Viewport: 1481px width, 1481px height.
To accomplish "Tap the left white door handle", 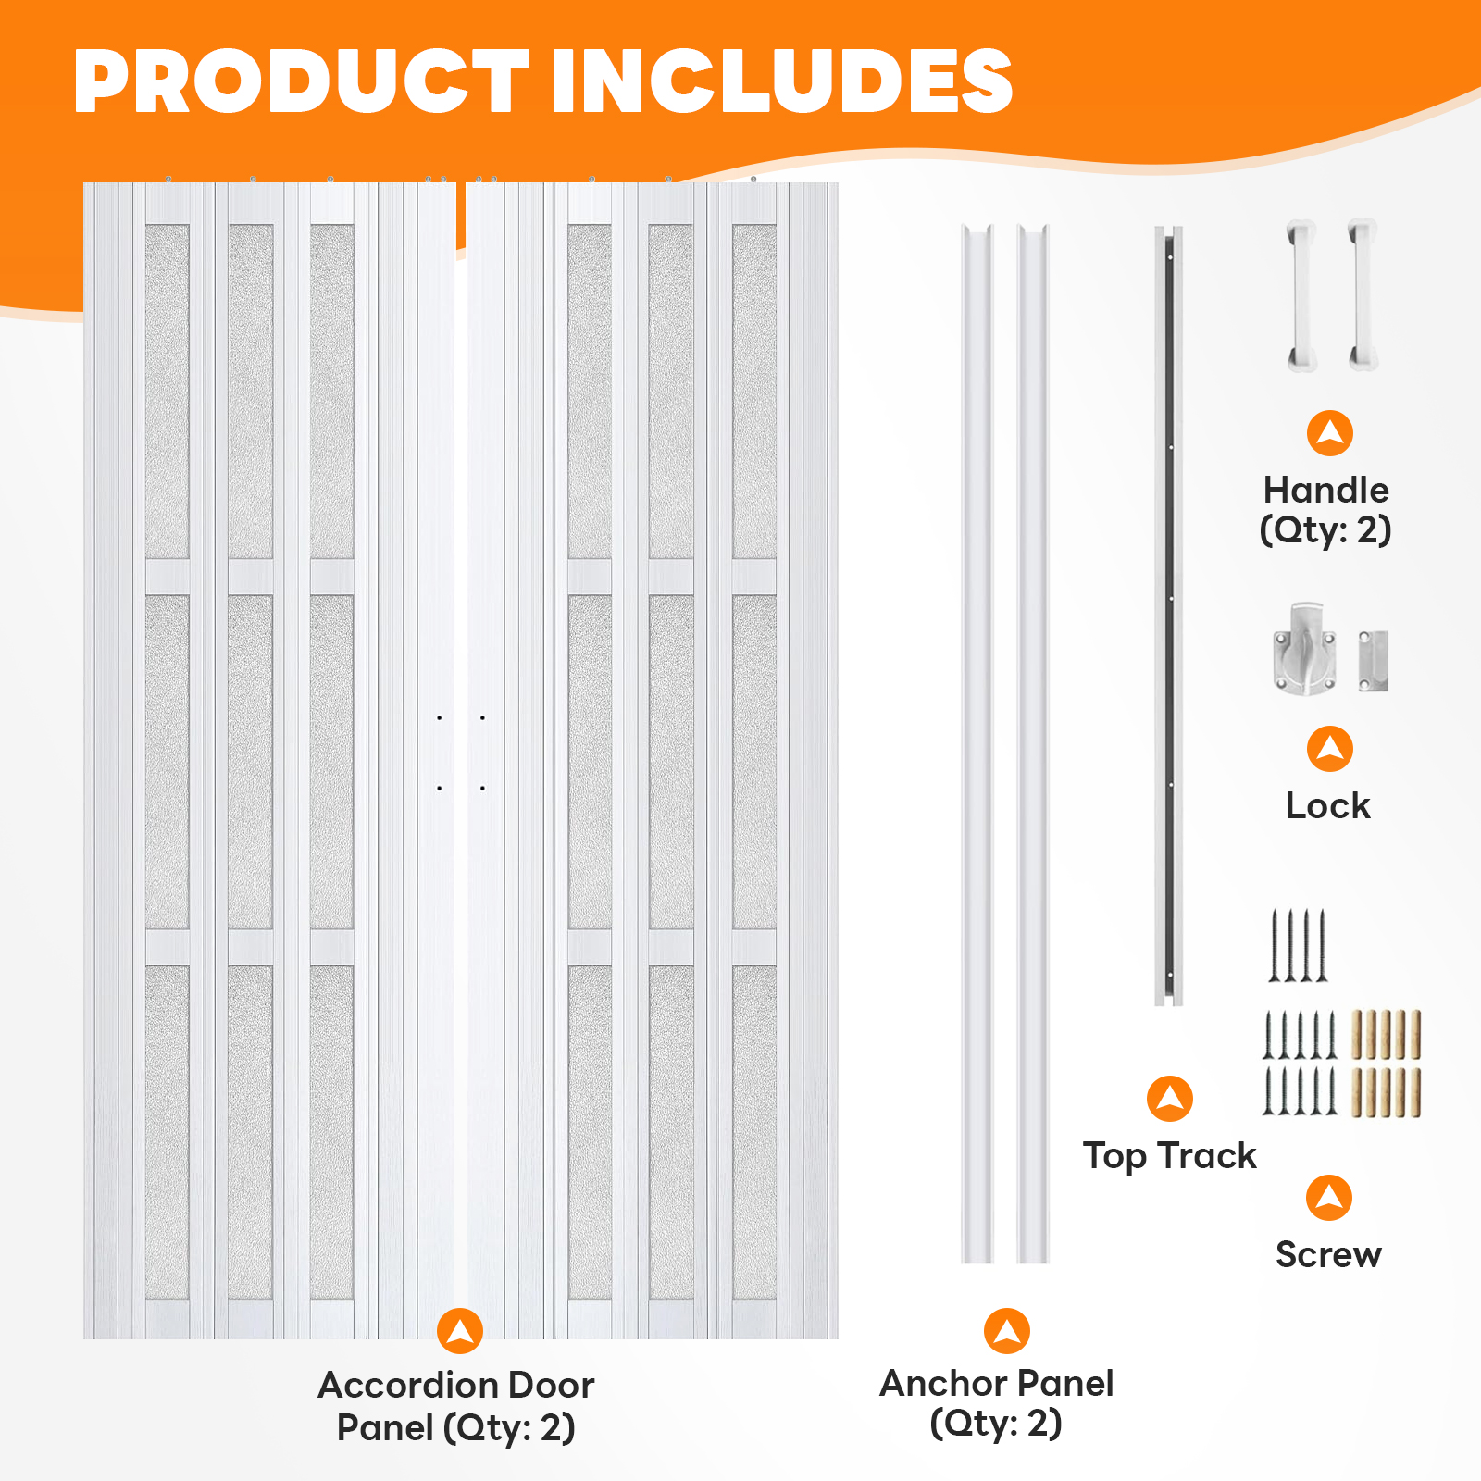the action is click(x=1301, y=295).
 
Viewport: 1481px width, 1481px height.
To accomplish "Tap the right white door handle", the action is click(x=1363, y=295).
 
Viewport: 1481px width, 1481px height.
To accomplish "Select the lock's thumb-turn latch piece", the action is click(x=1304, y=648).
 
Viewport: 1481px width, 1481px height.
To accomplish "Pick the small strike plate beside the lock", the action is click(x=1373, y=661).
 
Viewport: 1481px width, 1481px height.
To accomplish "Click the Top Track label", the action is click(x=1170, y=1156).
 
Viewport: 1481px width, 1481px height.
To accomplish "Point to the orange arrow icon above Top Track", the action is click(x=1170, y=1099).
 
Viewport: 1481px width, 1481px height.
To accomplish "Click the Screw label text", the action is click(x=1328, y=1254).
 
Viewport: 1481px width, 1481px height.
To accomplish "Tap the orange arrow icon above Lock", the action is click(x=1330, y=749).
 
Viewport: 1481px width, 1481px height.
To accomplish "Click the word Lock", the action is click(x=1327, y=805).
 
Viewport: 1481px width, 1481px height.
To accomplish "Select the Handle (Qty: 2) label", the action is click(x=1325, y=510).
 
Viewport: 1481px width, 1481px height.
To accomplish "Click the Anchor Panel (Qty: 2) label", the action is click(x=997, y=1403).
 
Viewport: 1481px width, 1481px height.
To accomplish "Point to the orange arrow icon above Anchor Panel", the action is click(x=1007, y=1331).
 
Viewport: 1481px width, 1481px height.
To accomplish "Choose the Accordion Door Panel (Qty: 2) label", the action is click(x=455, y=1406).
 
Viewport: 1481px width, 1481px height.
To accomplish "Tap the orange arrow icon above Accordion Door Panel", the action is click(x=460, y=1331).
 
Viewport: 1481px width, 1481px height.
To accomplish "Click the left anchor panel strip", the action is click(x=977, y=743).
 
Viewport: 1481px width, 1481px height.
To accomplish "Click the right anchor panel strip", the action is click(x=1033, y=743).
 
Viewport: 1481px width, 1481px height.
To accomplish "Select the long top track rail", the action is click(x=1168, y=616).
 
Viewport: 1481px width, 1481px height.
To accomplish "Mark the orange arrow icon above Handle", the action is click(x=1330, y=433).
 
